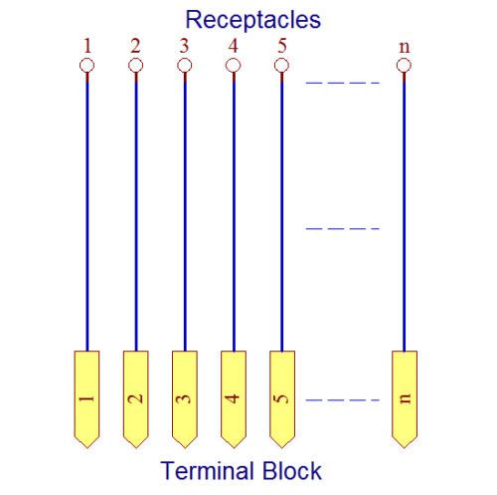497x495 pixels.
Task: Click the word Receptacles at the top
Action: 253,21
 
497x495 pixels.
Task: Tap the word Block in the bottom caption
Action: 292,470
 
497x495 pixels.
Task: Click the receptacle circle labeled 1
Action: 86,66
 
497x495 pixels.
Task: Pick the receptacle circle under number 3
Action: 185,66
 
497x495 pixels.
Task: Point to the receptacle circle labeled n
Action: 404,66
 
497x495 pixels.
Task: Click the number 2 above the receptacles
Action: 135,46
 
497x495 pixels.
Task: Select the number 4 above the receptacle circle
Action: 234,46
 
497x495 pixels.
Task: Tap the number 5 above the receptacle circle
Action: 282,46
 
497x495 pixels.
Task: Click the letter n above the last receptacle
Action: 405,48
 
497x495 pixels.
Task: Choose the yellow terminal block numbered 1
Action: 86,399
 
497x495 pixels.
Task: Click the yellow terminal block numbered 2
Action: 136,399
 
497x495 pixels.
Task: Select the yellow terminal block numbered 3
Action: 185,399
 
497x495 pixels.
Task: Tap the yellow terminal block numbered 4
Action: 234,399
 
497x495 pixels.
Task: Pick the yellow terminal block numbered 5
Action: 282,399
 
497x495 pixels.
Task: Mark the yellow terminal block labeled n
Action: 405,399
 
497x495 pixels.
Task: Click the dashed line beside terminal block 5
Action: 343,400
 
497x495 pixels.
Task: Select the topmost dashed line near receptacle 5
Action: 343,83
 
